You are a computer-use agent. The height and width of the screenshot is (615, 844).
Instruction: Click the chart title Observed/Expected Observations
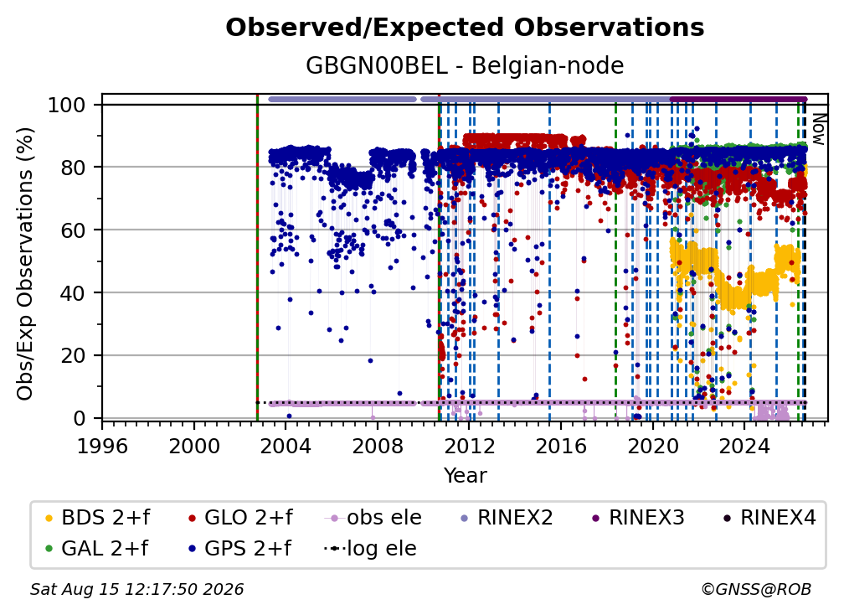click(x=465, y=28)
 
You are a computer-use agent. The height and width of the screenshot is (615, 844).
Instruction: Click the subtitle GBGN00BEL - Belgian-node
click(x=465, y=65)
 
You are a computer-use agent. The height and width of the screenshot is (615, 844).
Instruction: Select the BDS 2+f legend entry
click(x=97, y=518)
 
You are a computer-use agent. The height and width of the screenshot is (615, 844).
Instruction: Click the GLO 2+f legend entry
click(x=240, y=518)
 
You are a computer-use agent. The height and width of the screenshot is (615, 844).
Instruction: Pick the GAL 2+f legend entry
click(x=96, y=549)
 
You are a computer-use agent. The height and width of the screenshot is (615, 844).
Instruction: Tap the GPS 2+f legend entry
click(x=239, y=549)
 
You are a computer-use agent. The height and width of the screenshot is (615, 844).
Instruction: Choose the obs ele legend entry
click(x=373, y=518)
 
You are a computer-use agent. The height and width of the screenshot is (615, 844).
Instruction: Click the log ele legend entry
click(x=370, y=549)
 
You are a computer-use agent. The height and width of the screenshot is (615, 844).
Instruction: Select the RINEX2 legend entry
click(x=507, y=518)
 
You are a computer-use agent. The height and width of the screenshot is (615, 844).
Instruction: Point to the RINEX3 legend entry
click(x=638, y=518)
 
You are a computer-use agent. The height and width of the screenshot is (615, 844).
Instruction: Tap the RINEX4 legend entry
click(x=769, y=518)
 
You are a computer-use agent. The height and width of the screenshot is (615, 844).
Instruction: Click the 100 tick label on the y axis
click(x=67, y=105)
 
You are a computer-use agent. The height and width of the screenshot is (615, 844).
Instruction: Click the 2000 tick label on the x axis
click(x=194, y=447)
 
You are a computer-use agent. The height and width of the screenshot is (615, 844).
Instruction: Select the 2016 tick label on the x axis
click(x=561, y=447)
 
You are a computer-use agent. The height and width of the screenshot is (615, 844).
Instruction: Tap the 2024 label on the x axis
click(x=744, y=447)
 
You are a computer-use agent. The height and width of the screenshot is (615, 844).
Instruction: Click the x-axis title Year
click(x=465, y=476)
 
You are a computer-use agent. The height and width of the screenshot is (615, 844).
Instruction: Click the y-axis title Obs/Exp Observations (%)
click(x=25, y=264)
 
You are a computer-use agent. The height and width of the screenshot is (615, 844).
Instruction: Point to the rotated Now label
click(x=818, y=129)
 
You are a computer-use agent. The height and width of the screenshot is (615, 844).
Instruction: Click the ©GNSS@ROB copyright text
click(x=756, y=590)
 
